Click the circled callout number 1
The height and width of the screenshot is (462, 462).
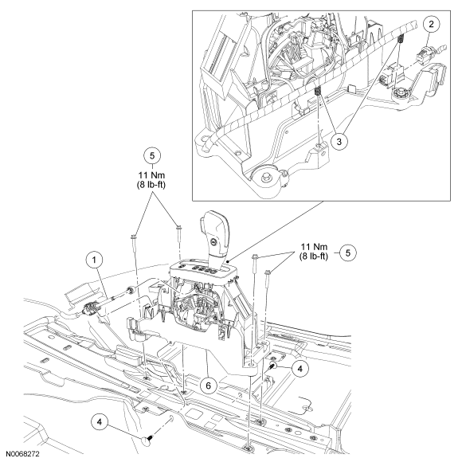pos(94,260)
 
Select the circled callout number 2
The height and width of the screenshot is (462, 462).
pos(432,24)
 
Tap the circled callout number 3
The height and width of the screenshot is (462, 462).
pos(339,142)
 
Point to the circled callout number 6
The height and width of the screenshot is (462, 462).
pos(209,386)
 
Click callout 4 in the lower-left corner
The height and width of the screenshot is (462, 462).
pos(100,422)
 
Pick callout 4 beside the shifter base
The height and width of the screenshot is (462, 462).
pos(300,369)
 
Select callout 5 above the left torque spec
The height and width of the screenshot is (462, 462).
pos(152,155)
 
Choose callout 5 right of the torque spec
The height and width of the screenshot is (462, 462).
pos(348,253)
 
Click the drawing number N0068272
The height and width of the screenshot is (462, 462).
pos(22,454)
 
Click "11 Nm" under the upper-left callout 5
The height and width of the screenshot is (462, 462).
pos(151,175)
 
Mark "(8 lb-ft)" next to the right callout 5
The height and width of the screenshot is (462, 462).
pos(314,256)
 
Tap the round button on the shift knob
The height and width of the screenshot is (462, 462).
pos(212,242)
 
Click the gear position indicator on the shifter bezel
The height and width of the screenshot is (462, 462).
pos(202,269)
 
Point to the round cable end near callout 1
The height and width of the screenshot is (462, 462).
pos(130,290)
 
